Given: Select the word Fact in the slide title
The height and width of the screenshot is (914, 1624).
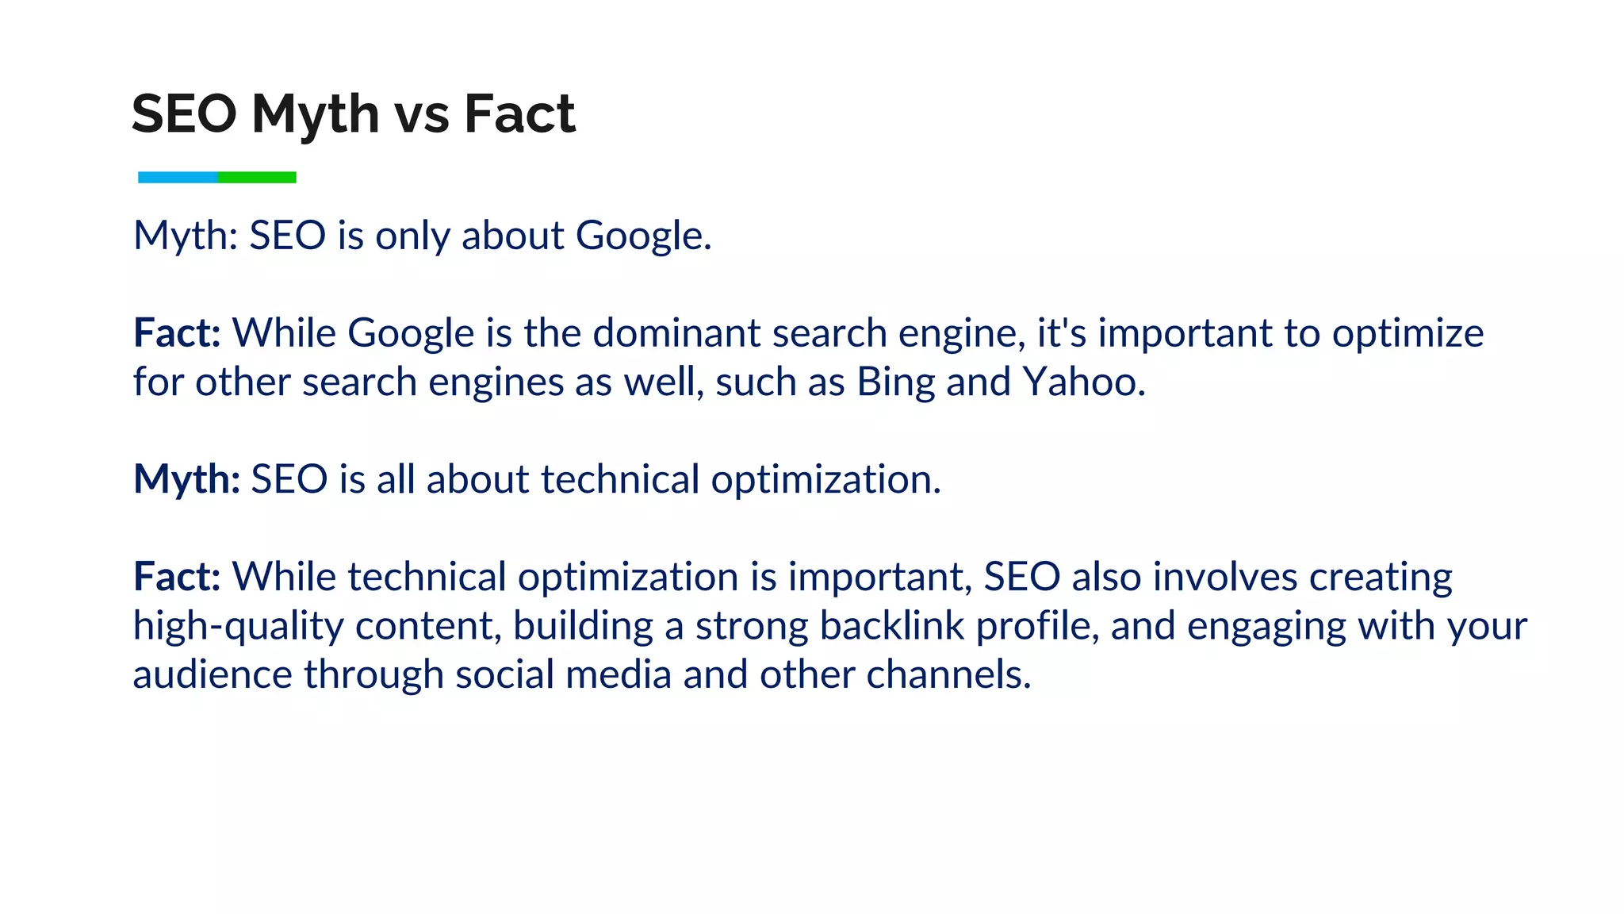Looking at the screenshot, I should (519, 113).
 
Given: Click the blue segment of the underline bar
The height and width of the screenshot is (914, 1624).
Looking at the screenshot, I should (178, 177).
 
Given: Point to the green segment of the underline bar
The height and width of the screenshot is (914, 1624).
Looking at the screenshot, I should (257, 177).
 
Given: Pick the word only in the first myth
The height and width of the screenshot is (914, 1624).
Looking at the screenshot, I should (412, 236).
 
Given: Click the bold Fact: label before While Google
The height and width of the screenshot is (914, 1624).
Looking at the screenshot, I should (177, 333).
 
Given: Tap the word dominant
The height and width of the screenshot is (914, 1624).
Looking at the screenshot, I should (676, 333).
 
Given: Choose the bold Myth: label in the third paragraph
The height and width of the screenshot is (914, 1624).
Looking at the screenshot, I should (186, 480).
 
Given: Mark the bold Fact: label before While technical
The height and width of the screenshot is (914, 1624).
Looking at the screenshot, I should (177, 577).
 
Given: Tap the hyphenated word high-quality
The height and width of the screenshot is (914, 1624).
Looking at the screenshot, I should (238, 626).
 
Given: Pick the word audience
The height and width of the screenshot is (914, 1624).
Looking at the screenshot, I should (213, 675).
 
